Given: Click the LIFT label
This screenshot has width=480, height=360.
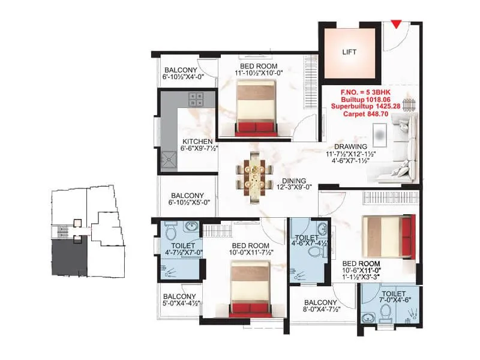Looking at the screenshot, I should [x=349, y=52].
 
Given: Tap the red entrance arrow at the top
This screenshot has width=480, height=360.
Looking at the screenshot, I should [x=397, y=24].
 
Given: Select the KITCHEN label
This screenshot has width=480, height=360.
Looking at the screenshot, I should [x=197, y=142].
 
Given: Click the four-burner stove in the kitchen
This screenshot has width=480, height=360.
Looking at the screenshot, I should [x=196, y=99].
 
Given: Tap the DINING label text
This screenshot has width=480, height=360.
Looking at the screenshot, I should [x=293, y=181].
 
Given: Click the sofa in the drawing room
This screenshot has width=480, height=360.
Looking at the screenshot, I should [x=401, y=144].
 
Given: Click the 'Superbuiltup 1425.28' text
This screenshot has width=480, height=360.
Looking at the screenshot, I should [x=366, y=104].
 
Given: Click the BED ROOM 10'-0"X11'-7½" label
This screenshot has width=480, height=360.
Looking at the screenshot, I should [x=250, y=250].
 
